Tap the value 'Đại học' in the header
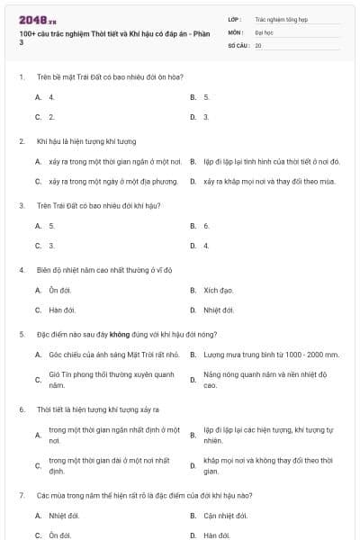[264, 31]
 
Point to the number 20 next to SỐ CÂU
[258, 44]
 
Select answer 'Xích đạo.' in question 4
[218, 291]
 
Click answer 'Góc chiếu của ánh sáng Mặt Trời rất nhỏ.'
[113, 355]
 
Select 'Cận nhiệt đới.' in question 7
[225, 516]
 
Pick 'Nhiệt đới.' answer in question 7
[64, 516]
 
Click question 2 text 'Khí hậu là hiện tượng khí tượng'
[86, 141]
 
